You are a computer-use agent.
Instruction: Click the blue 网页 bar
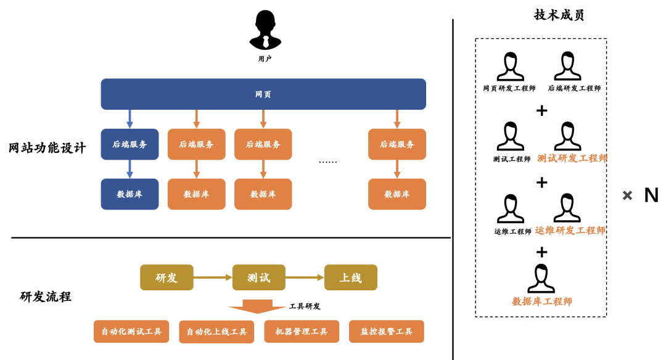(x=263, y=94)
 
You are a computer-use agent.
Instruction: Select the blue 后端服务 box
(x=129, y=144)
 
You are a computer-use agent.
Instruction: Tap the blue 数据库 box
(x=129, y=194)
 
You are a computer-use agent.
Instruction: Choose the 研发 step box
(x=166, y=277)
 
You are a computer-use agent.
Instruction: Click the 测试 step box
(x=259, y=277)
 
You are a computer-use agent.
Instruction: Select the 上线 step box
(x=351, y=277)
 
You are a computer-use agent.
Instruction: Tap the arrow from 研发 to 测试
(x=213, y=277)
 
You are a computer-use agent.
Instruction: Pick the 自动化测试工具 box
(x=131, y=332)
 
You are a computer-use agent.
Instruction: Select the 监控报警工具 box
(x=387, y=332)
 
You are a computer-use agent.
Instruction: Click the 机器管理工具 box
(x=302, y=332)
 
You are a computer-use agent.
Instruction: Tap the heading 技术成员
(x=559, y=15)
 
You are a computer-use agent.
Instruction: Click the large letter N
(x=651, y=195)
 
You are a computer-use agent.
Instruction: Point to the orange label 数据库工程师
(x=542, y=301)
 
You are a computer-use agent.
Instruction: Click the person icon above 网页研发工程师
(x=510, y=66)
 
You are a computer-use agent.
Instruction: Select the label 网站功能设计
(x=47, y=148)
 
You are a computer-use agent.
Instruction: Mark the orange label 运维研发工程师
(x=570, y=231)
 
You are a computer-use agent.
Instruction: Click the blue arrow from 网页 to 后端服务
(x=129, y=119)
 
